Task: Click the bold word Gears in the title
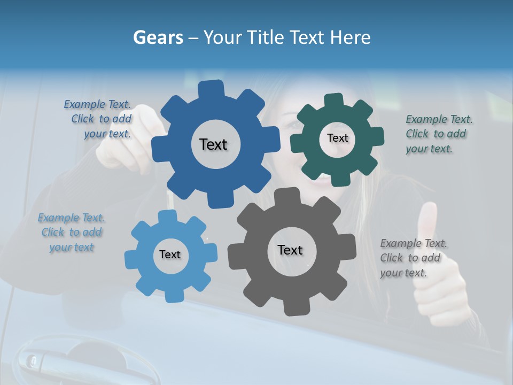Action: (158, 37)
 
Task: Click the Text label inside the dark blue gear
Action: (213, 144)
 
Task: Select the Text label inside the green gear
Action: (337, 138)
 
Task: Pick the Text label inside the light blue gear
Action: (170, 255)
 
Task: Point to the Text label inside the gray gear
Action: (290, 250)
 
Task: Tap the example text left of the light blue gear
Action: (72, 233)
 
